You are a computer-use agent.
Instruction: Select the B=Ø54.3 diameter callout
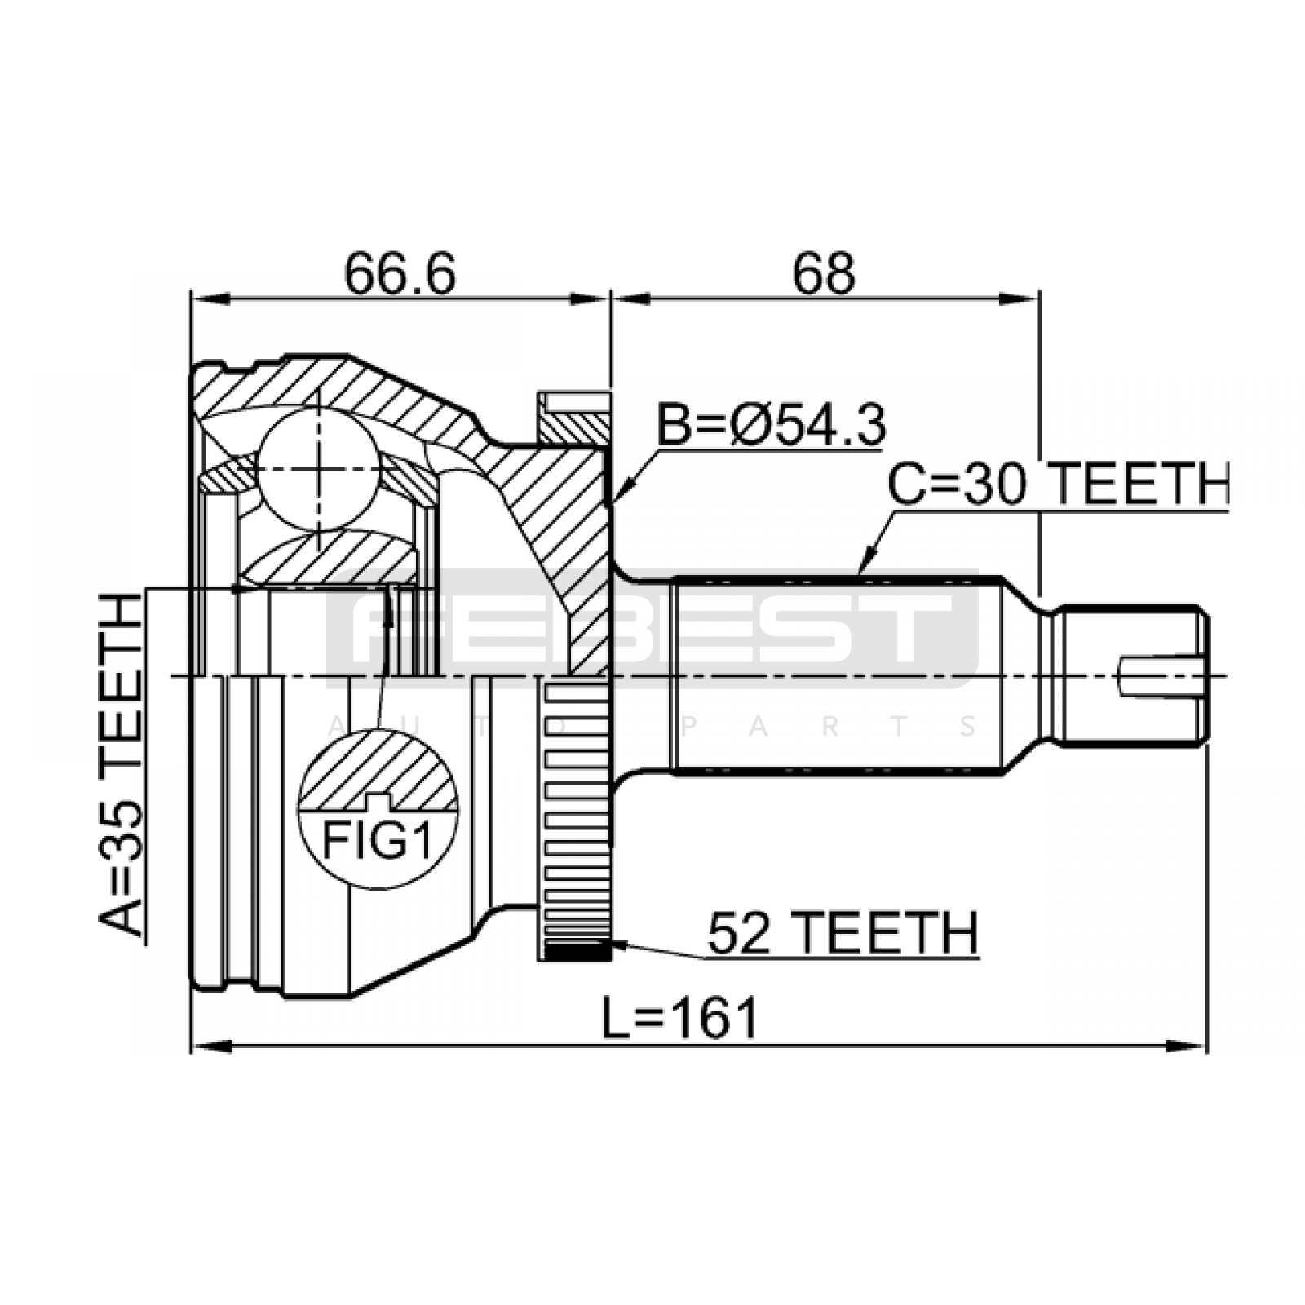[772, 424]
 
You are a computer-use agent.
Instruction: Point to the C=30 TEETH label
[1058, 484]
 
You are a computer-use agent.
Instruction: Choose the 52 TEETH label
[843, 933]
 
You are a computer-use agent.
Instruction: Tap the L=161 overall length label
[680, 1019]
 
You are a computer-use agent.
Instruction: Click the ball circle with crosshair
[318, 469]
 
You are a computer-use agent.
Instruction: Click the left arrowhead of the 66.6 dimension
[210, 299]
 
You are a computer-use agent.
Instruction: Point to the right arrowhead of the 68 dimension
[1019, 299]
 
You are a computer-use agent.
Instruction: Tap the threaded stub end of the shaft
[1134, 675]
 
